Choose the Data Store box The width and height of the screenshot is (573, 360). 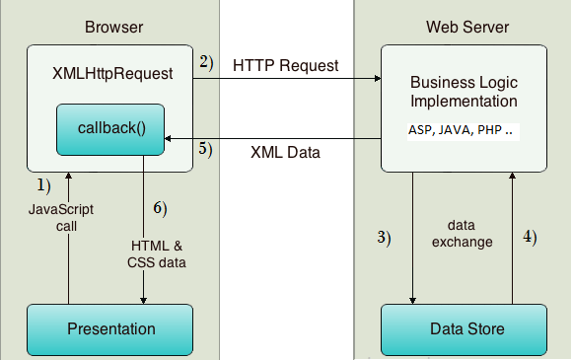pos(463,328)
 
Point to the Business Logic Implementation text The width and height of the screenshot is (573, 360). pos(463,92)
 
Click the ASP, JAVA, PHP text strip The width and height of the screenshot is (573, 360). pos(463,129)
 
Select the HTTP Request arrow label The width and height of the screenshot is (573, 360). pos(286,66)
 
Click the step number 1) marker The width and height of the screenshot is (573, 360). pos(43,184)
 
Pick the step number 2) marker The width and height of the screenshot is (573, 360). pos(205,62)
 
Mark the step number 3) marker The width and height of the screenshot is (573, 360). pos(386,237)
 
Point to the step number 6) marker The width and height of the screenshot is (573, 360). pos(160,208)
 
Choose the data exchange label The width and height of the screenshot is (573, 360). pos(462,234)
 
